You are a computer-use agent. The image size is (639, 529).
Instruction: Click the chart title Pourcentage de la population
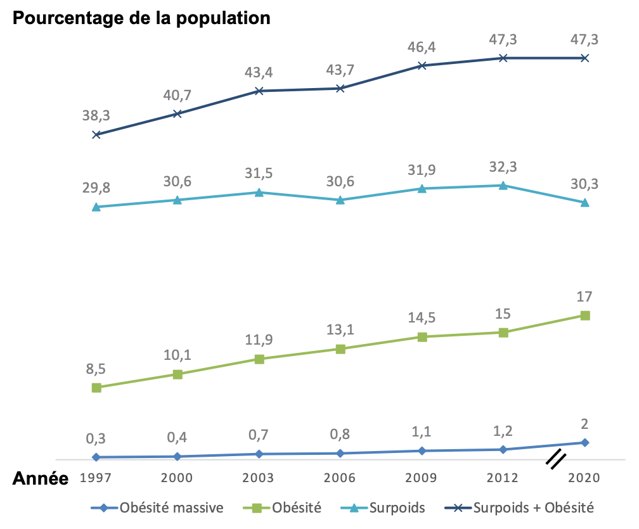pyautogui.click(x=141, y=18)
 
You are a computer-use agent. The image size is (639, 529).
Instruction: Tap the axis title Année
pyautogui.click(x=41, y=478)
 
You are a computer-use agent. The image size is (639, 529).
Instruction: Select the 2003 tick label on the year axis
pyautogui.click(x=259, y=478)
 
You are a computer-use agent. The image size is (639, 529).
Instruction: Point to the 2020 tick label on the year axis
pyautogui.click(x=584, y=478)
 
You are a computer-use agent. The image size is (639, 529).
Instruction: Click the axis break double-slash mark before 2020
pyautogui.click(x=555, y=460)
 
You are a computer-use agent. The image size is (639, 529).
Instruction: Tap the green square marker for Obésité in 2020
pyautogui.click(x=585, y=315)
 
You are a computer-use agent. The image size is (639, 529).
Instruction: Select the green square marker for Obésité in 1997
pyautogui.click(x=96, y=387)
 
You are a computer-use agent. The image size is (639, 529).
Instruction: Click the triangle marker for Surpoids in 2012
pyautogui.click(x=503, y=186)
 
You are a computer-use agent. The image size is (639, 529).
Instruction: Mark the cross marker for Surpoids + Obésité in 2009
pyautogui.click(x=422, y=65)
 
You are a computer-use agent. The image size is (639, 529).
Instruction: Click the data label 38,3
pyautogui.click(x=96, y=115)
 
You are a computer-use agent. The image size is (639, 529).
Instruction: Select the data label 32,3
pyautogui.click(x=503, y=167)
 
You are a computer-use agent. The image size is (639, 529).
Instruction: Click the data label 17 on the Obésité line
pyautogui.click(x=585, y=296)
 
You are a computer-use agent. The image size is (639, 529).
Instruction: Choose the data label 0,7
pyautogui.click(x=259, y=435)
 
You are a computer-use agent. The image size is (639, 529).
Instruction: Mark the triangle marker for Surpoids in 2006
pyautogui.click(x=340, y=200)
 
